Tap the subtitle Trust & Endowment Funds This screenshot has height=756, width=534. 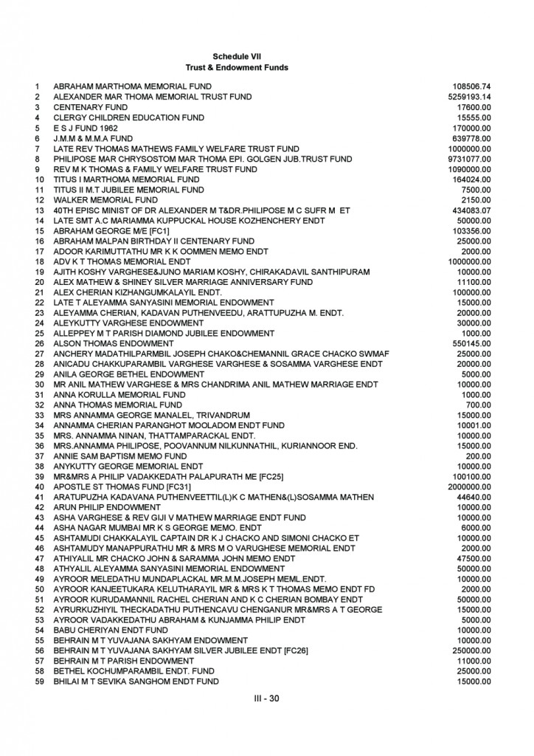tap(236, 67)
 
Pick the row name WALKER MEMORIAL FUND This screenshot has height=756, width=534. tap(105, 200)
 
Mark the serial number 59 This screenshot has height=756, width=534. tap(39, 682)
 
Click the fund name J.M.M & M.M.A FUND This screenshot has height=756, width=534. tap(93, 139)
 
